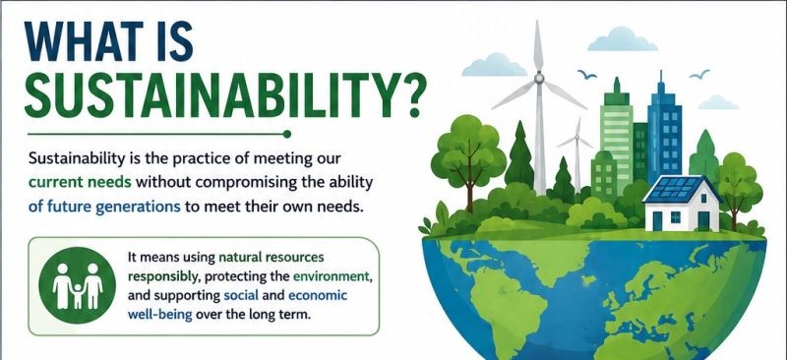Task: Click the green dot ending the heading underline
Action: pyautogui.click(x=286, y=134)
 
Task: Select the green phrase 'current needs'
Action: pyautogui.click(x=80, y=183)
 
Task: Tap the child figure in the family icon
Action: pyautogui.click(x=78, y=296)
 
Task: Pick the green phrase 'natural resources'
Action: pyautogui.click(x=272, y=258)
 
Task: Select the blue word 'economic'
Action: pyautogui.click(x=317, y=296)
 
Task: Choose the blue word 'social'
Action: pyautogui.click(x=240, y=296)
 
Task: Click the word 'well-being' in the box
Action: pyautogui.click(x=159, y=316)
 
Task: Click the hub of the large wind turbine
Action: pyautogui.click(x=539, y=78)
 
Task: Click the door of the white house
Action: pyautogui.click(x=703, y=220)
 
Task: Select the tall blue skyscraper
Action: pyautogui.click(x=664, y=132)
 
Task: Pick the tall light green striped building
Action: pyautogui.click(x=617, y=138)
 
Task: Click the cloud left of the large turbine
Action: pyautogui.click(x=494, y=65)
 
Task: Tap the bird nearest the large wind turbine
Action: pyautogui.click(x=586, y=75)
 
